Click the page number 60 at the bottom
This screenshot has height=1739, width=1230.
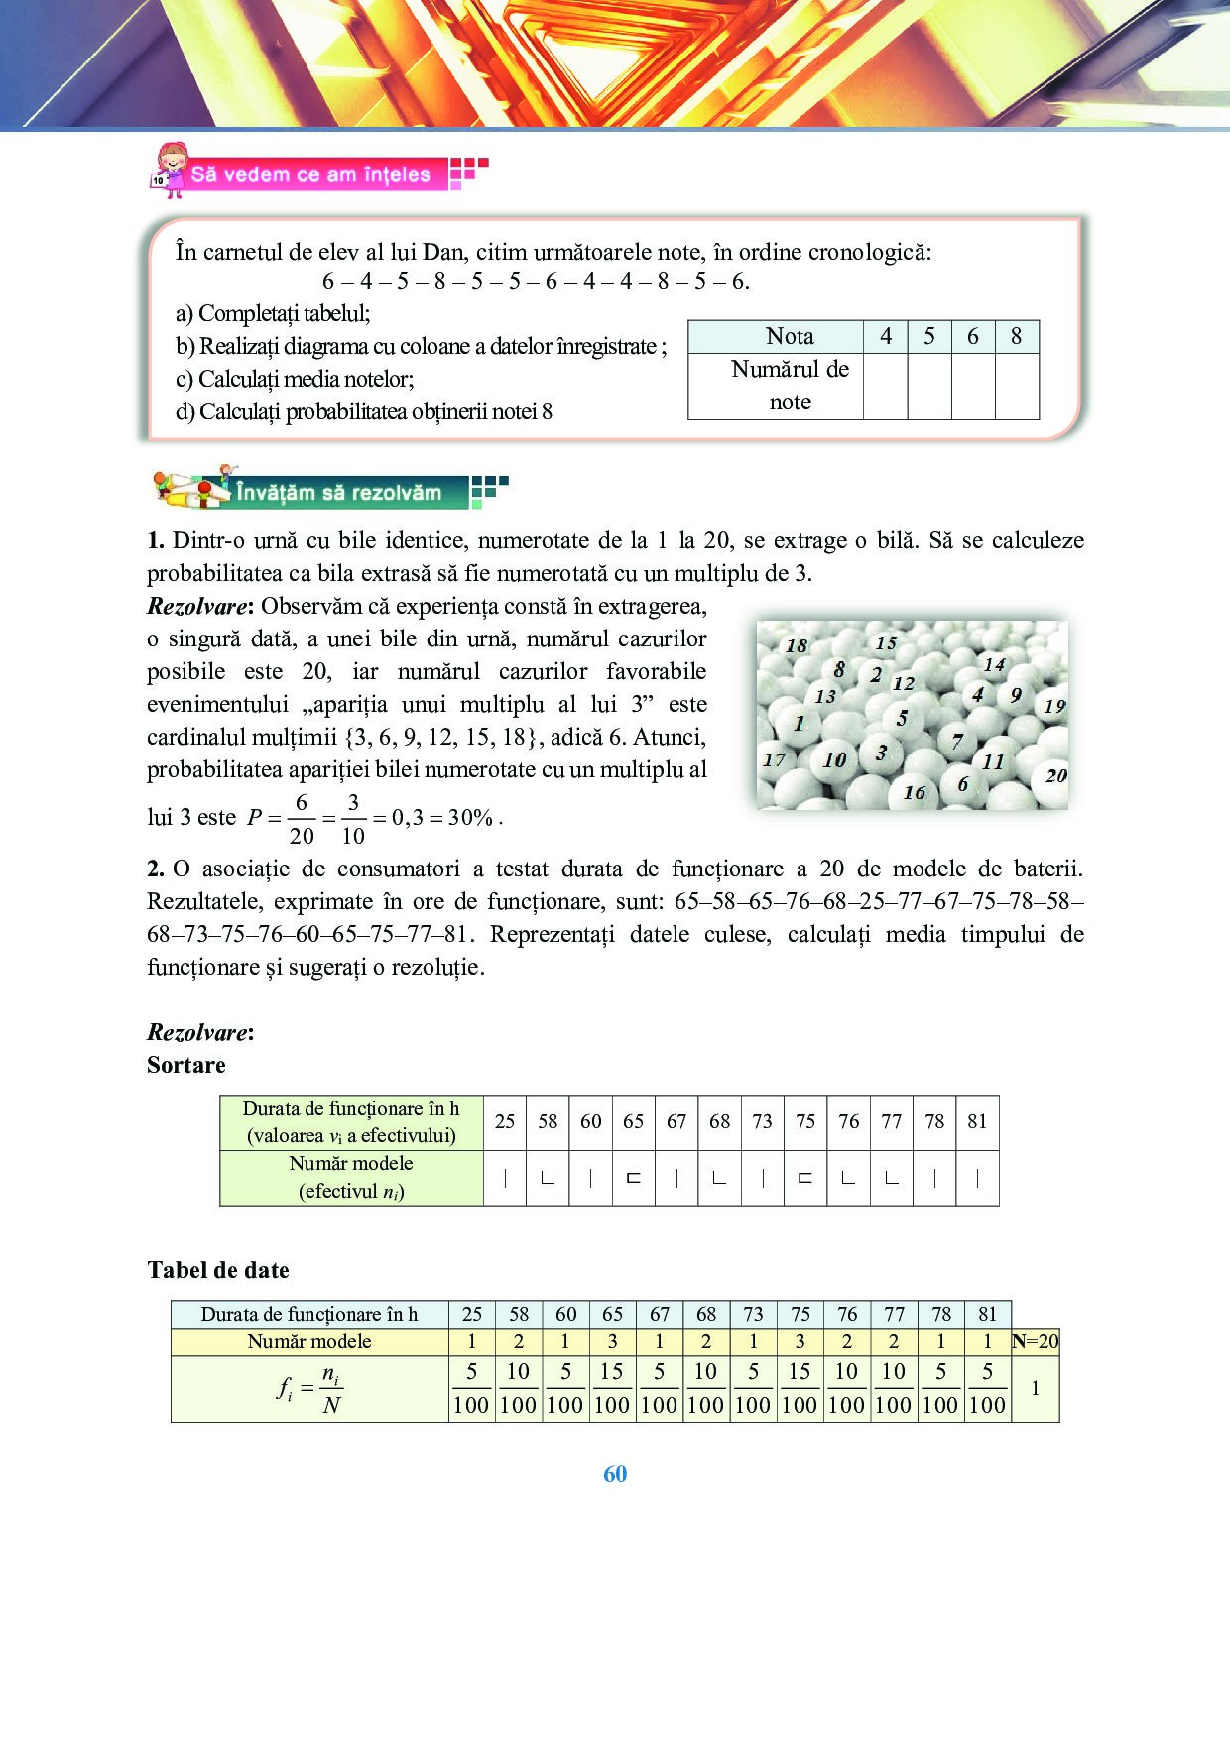click(615, 1474)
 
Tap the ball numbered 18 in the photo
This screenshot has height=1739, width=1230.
click(797, 645)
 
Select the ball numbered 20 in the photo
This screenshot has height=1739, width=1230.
click(1055, 775)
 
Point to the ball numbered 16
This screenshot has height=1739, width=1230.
click(915, 792)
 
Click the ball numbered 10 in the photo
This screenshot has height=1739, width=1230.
click(834, 759)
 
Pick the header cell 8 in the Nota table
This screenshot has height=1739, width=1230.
click(1016, 336)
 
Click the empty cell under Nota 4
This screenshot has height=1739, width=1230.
click(885, 386)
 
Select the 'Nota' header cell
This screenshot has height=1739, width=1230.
click(790, 336)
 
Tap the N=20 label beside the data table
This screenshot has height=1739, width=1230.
click(1036, 1341)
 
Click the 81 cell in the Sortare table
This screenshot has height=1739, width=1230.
click(977, 1121)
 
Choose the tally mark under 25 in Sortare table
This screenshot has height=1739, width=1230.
click(505, 1178)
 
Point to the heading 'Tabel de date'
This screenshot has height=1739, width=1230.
click(218, 1270)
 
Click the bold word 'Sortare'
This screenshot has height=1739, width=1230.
click(186, 1065)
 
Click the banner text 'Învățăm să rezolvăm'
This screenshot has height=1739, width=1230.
click(338, 492)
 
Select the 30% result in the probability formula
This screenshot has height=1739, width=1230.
click(470, 818)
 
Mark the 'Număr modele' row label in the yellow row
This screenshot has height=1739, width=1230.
click(309, 1341)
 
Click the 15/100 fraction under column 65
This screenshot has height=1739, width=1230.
click(612, 1388)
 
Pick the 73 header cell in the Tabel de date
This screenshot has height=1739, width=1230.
click(753, 1314)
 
